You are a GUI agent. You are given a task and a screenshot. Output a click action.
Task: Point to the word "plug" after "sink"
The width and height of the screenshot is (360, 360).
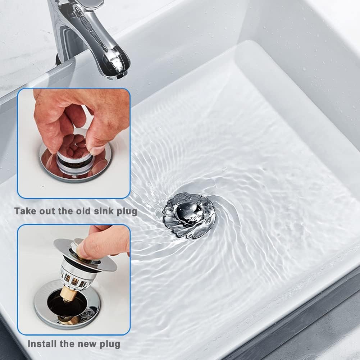point(127,212)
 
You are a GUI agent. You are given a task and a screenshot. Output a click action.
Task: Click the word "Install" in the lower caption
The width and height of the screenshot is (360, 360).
point(42,344)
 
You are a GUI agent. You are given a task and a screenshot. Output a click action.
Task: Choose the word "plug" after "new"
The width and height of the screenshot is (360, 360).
point(110,345)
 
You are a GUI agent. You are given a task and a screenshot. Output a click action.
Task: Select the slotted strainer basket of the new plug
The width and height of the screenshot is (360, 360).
point(73,275)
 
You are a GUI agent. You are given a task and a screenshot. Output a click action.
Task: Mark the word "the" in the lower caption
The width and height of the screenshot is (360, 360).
point(67,344)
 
